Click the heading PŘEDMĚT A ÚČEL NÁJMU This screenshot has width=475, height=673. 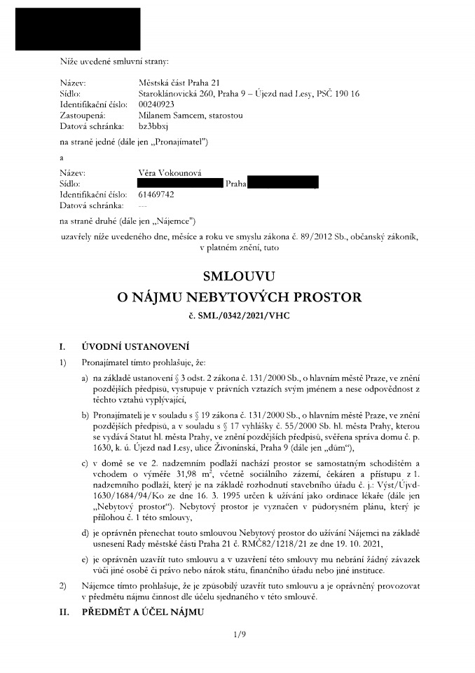pyautogui.click(x=142, y=612)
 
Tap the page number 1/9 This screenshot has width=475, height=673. pyautogui.click(x=239, y=635)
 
